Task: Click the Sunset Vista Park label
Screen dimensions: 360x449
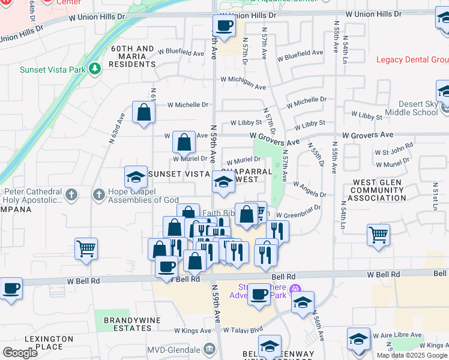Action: [52, 70]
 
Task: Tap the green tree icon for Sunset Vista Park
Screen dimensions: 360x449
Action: [94, 70]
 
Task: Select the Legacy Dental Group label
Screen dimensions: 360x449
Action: [412, 59]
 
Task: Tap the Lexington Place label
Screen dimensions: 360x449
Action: [46, 343]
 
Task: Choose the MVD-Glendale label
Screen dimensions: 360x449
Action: [172, 349]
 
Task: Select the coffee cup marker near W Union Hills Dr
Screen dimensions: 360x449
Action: [224, 26]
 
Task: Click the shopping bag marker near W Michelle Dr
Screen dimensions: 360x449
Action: [144, 112]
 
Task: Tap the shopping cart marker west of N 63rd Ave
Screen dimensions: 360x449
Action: [86, 248]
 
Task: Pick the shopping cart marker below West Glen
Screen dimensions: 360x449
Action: [378, 235]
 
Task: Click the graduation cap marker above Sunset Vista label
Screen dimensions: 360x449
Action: [136, 177]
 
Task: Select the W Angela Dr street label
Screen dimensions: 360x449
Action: [309, 190]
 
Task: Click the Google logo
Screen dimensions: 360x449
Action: [20, 353]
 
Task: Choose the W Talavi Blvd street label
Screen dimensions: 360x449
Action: [243, 330]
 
